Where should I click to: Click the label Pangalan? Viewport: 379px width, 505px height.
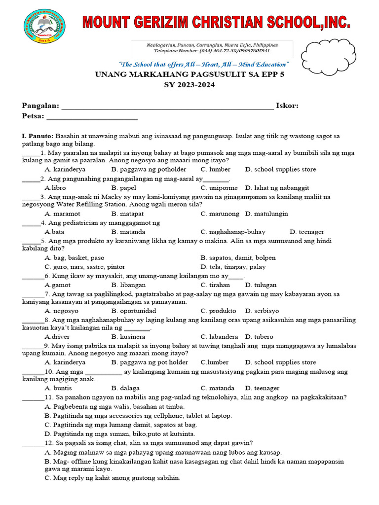coord(40,106)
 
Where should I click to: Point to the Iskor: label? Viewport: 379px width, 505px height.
coord(287,106)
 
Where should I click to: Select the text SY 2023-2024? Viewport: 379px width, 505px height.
coord(189,84)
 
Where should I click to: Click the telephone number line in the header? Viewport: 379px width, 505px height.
coord(212,51)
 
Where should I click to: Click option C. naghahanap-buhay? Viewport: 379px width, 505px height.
coord(233,232)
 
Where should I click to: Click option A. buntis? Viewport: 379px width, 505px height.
coord(58,388)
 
